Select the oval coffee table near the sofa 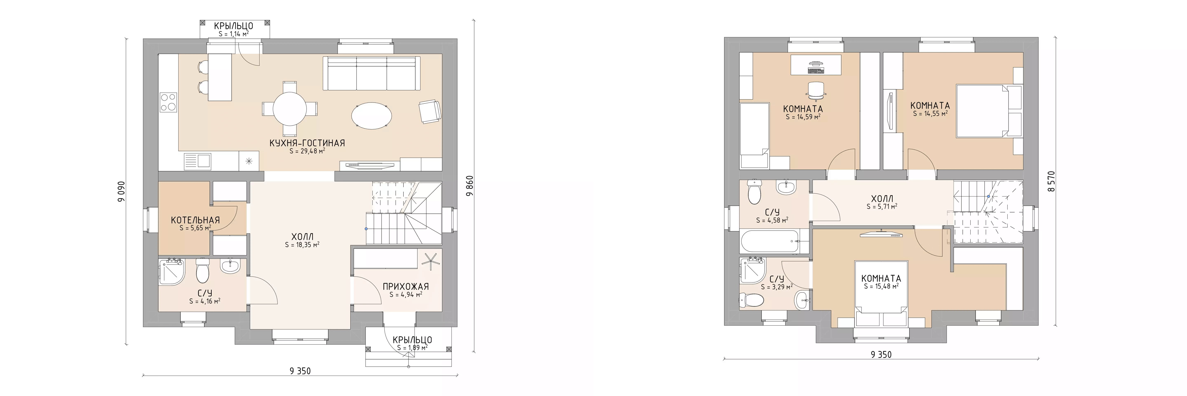point(372,115)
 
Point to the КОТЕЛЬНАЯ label point(195,220)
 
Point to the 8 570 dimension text point(1051,182)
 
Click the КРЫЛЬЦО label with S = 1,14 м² point(234,26)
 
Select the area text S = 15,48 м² point(881,286)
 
